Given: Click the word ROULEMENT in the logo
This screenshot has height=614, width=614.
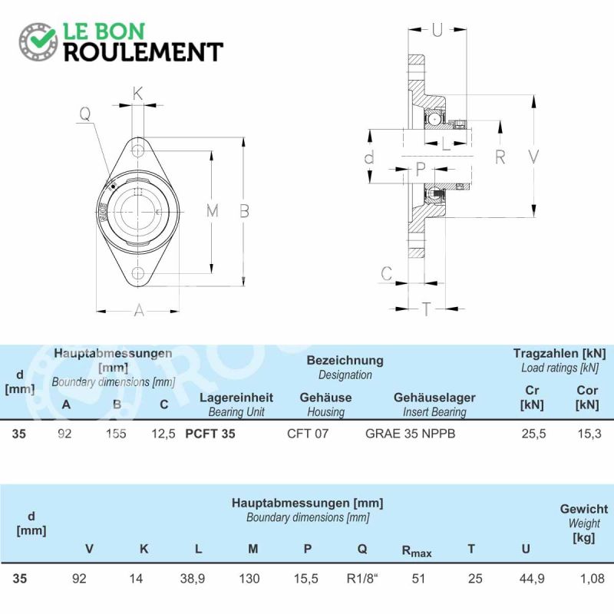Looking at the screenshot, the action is [144, 52].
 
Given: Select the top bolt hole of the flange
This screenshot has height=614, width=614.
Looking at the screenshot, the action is [137, 150].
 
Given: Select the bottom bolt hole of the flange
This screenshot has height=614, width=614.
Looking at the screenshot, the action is [138, 273].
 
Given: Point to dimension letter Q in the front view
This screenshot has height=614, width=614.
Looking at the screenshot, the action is [85, 114].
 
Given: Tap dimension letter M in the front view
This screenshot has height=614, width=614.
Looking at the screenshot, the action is [213, 211].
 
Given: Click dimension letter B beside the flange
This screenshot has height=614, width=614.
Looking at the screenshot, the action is [244, 211].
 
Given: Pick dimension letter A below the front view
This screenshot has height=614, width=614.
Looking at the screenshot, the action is [139, 311].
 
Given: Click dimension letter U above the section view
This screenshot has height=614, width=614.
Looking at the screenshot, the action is [437, 30].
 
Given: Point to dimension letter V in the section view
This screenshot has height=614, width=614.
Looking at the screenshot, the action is [533, 157].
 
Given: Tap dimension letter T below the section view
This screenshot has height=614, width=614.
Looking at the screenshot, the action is [426, 309].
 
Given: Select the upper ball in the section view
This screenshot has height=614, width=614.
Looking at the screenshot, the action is [434, 119].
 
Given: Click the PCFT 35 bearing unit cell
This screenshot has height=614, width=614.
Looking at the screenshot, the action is [210, 434].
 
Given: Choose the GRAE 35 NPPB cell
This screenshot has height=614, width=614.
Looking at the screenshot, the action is [411, 434].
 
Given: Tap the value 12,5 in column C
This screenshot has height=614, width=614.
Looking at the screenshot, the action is [163, 434].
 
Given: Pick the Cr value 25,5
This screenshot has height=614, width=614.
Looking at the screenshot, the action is [533, 434].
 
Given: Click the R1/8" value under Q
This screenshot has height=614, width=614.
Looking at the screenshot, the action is [362, 579].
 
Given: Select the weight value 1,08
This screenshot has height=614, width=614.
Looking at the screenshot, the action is [593, 579].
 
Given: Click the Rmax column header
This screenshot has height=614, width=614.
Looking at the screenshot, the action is [417, 551].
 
